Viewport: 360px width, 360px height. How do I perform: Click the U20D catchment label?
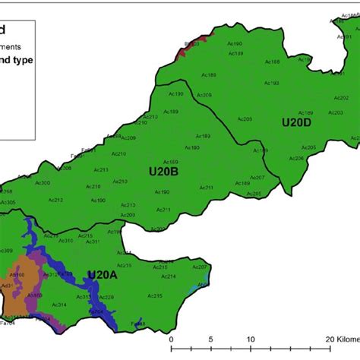(297, 122)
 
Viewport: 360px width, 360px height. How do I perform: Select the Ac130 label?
(175, 93)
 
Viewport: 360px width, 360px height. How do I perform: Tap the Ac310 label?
(67, 241)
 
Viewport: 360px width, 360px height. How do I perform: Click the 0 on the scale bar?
(172, 339)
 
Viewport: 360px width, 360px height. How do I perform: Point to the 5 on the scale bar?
(211, 339)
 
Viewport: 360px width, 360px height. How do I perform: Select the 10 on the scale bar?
(250, 339)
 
